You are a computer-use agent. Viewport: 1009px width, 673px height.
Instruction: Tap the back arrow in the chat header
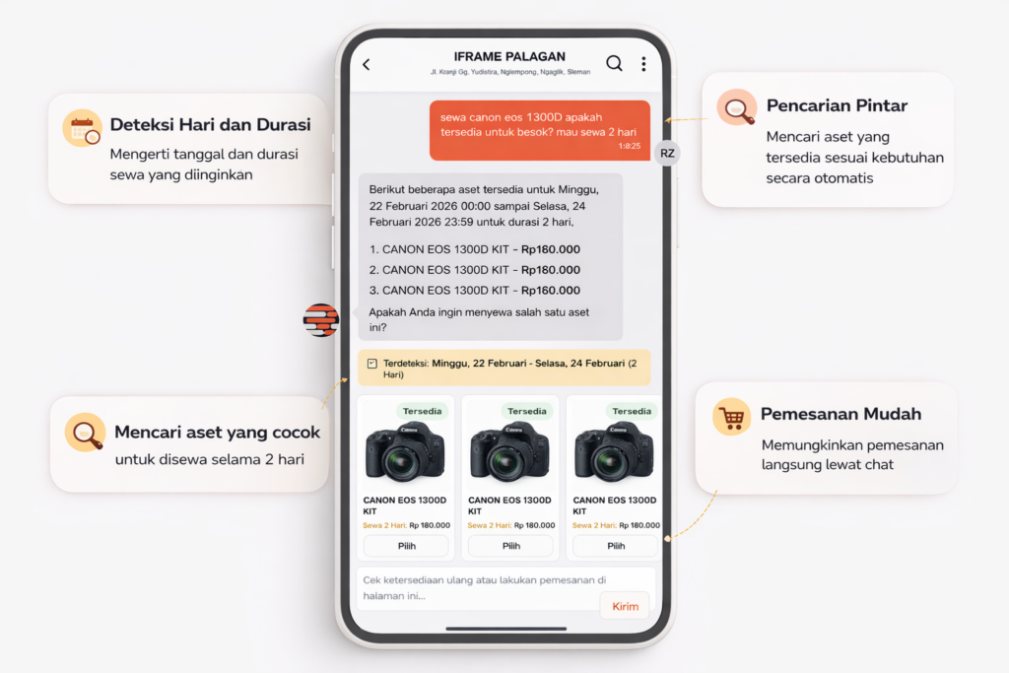pos(367,64)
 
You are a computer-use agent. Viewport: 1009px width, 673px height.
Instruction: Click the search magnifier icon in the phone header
pos(615,63)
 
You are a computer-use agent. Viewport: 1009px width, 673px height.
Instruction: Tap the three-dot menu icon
pos(643,64)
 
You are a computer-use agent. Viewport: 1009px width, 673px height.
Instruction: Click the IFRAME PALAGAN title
pos(509,56)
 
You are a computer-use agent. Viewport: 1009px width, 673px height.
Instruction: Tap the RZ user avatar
pos(667,153)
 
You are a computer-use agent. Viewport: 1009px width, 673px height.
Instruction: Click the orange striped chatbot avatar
pos(321,320)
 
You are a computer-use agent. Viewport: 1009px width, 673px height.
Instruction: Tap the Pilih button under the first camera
pos(406,546)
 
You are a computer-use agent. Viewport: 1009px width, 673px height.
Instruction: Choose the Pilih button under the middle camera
pos(511,546)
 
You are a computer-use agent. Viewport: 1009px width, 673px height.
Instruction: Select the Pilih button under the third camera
pos(616,546)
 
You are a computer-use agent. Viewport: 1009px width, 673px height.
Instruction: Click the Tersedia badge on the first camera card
pos(422,411)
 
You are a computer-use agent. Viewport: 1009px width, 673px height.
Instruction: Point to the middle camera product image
pos(509,451)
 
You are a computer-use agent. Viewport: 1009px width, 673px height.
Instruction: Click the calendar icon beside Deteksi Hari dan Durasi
pos(83,128)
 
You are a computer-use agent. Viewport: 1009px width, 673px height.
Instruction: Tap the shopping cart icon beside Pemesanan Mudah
pos(732,417)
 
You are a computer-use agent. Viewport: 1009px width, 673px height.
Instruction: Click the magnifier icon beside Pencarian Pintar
pos(737,107)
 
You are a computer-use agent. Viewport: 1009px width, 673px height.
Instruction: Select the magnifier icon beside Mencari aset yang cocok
pos(85,433)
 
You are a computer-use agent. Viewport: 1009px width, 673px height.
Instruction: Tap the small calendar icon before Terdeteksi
pos(371,364)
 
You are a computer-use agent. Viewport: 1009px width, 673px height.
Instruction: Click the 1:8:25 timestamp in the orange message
pos(630,146)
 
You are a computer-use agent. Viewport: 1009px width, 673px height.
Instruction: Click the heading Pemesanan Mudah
pos(841,414)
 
